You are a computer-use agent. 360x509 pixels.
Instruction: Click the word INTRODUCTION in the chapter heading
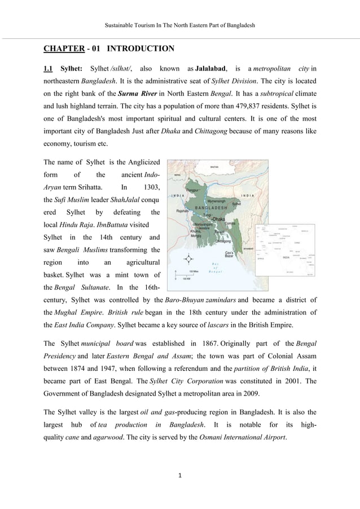tap(141, 49)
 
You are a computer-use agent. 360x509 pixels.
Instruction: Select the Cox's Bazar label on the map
tap(230, 254)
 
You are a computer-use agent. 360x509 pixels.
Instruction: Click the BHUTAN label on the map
tap(213, 168)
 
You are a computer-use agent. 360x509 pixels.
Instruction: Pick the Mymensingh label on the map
tap(218, 200)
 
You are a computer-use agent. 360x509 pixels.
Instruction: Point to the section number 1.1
tap(49, 69)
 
